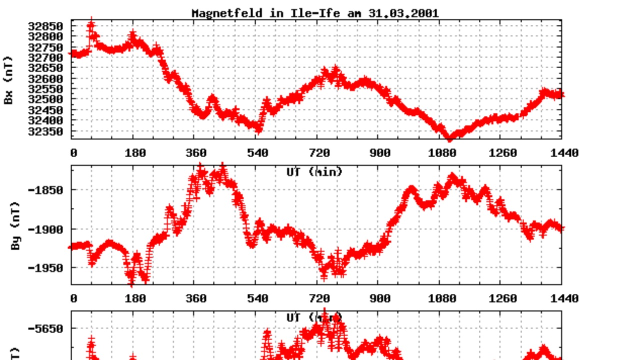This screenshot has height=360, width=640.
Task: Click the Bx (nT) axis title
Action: [x=8, y=80]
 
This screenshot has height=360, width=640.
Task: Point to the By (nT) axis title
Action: [x=15, y=226]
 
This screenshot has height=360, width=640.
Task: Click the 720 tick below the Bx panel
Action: [x=319, y=153]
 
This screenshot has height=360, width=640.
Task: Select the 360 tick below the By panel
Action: [x=196, y=298]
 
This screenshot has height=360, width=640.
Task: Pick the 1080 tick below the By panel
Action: [x=442, y=298]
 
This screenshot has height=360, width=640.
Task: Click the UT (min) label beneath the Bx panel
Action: [x=314, y=172]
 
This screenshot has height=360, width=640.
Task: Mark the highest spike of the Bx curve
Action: [x=90, y=22]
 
